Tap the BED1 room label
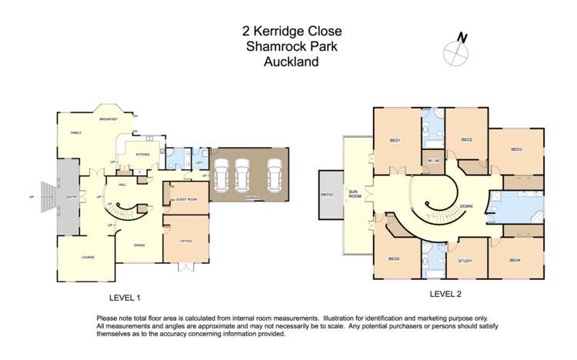[395, 139]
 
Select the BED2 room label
[466, 139]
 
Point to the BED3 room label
[516, 149]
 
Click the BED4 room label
[515, 261]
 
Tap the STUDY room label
[465, 261]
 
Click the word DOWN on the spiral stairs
[465, 206]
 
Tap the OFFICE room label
[185, 242]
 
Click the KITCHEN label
[142, 155]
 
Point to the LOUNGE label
[88, 257]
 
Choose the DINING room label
[140, 245]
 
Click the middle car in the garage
[242, 176]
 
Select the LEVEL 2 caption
[444, 294]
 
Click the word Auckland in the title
[291, 62]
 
